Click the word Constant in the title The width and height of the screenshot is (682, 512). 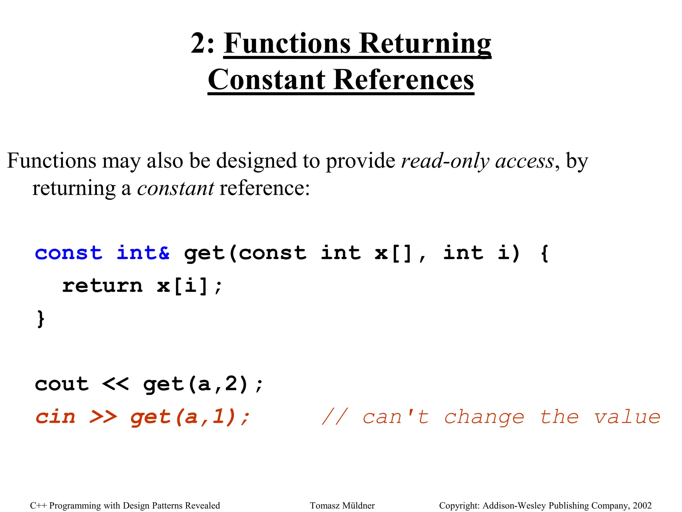click(267, 80)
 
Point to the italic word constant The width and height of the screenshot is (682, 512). click(175, 188)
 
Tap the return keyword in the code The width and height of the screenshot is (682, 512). click(103, 286)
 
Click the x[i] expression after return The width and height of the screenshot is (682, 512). click(183, 286)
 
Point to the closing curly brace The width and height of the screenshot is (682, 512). click(40, 319)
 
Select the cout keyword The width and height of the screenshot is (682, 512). click(62, 384)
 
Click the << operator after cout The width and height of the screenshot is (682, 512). click(115, 384)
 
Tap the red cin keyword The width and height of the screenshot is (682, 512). click(56, 417)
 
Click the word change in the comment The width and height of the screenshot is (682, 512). click(485, 418)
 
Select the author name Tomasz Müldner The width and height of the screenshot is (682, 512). click(342, 506)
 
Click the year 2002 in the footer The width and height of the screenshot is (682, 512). click(642, 506)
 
